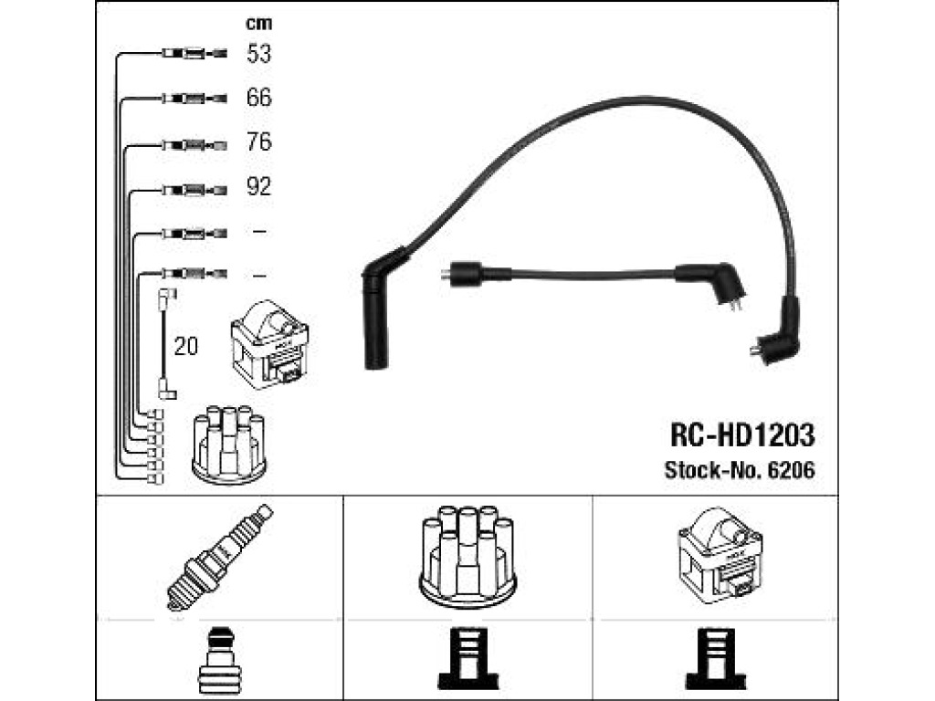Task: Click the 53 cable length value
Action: [258, 54]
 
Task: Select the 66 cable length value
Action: [258, 97]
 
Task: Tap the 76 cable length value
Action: [258, 141]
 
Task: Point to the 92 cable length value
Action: [258, 186]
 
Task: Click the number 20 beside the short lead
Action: [185, 346]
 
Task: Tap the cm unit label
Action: [258, 23]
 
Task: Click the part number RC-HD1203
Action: [742, 435]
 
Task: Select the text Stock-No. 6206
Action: [740, 470]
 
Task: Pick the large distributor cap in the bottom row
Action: [468, 557]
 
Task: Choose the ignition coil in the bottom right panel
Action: [720, 556]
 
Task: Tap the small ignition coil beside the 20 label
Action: [269, 344]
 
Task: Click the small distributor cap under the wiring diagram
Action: [229, 445]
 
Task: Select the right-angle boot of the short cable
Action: [712, 284]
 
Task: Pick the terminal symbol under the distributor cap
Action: [468, 660]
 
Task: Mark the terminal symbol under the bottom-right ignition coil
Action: [716, 660]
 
